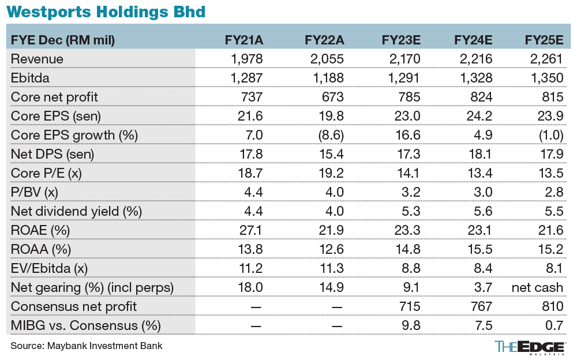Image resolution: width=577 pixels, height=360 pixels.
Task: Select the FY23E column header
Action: tap(401, 40)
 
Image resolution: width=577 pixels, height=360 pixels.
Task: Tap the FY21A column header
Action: tap(244, 40)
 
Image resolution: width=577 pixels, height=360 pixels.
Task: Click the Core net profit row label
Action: tap(55, 97)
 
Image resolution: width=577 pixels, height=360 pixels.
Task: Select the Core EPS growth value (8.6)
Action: tap(331, 135)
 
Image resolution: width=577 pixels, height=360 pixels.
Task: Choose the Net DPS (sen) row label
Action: tap(53, 154)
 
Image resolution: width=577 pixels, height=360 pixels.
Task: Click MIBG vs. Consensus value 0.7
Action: tap(554, 325)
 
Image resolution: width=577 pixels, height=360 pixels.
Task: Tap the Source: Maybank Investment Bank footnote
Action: tap(87, 346)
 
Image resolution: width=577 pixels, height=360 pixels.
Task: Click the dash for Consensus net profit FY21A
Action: tap(254, 306)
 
